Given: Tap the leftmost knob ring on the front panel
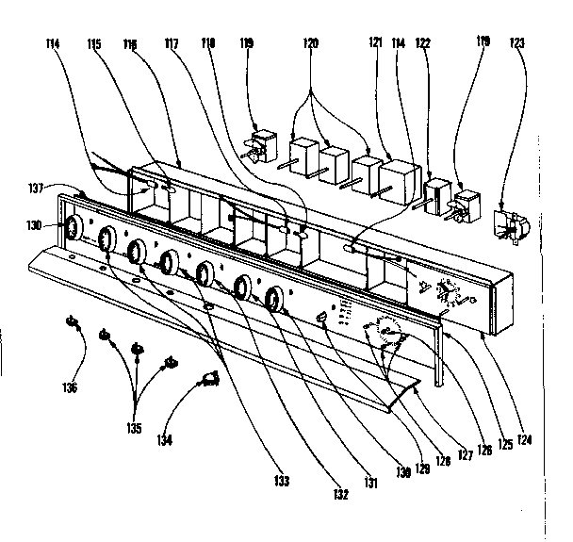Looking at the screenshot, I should (70, 227).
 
